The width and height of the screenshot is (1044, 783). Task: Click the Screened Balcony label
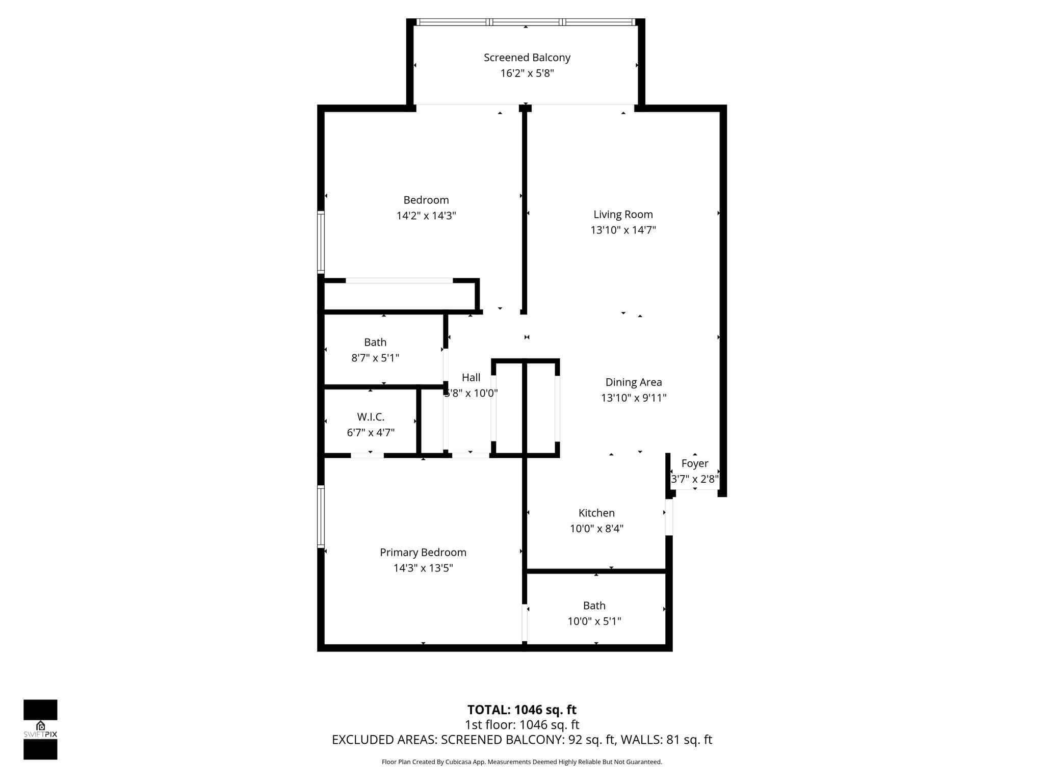527,58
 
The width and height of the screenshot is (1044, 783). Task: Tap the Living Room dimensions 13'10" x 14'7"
623,230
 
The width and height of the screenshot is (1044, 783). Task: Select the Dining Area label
634,382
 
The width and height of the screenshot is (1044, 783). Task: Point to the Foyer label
695,463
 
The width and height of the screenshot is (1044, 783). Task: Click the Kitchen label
596,513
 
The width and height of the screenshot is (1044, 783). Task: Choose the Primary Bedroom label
423,553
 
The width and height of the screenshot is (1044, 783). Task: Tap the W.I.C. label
371,417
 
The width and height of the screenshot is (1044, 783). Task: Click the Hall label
471,377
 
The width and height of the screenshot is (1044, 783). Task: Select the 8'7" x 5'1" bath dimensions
375,358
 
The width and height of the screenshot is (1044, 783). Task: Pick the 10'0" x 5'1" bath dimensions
594,621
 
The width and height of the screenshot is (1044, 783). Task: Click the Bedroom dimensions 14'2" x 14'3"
426,216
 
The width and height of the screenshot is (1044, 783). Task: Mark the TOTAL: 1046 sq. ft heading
522,710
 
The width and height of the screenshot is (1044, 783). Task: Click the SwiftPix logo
40,729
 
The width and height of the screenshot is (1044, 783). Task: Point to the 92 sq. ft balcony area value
592,740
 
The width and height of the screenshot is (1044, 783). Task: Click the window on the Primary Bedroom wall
321,516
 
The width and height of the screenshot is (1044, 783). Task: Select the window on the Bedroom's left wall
321,242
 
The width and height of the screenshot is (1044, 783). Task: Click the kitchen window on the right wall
669,517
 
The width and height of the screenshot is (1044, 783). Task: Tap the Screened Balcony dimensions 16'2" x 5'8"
527,73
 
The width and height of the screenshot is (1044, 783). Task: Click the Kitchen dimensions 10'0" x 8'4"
596,529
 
